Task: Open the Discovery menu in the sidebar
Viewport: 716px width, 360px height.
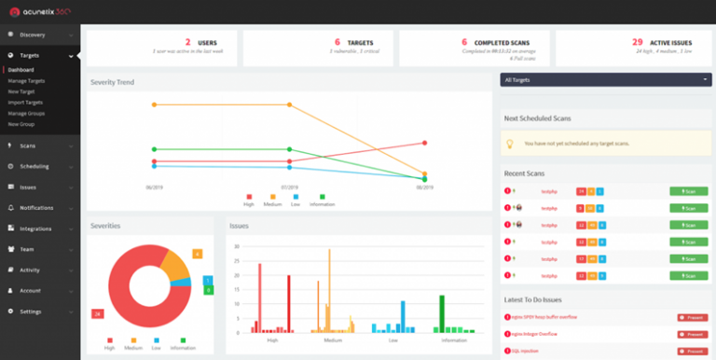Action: (x=33, y=35)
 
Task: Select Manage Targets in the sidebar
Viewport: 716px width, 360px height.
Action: (x=25, y=81)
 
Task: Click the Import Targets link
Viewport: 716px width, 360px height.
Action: (x=25, y=103)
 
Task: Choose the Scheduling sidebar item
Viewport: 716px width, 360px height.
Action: (x=34, y=166)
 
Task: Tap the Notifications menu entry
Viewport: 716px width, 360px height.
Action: (x=36, y=207)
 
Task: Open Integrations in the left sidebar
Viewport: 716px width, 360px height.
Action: (x=36, y=228)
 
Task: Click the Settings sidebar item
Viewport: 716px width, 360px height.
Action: (x=31, y=311)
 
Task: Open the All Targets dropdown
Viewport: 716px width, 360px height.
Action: (x=605, y=81)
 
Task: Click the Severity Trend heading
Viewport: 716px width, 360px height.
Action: (x=112, y=82)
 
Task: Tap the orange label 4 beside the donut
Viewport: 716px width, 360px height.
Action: (x=197, y=254)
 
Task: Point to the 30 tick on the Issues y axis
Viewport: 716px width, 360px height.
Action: (x=237, y=247)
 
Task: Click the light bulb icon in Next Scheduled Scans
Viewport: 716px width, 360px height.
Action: (x=509, y=144)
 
